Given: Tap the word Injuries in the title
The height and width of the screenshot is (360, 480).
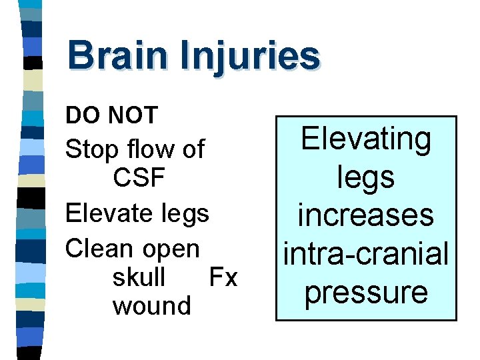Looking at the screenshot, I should click(249, 57).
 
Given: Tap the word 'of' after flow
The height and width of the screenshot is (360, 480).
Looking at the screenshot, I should click(194, 149).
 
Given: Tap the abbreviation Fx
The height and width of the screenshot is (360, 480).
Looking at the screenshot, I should click(223, 277).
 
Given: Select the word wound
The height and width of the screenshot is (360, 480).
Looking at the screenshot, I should click(152, 306).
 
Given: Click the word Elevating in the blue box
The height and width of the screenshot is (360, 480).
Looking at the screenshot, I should click(366, 140).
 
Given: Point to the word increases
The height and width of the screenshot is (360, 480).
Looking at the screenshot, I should click(366, 215).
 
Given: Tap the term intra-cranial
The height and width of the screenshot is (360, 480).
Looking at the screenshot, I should click(366, 253).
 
